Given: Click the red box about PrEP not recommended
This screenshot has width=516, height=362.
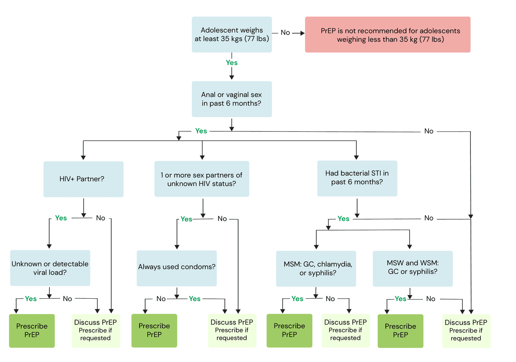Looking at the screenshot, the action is click(x=387, y=35).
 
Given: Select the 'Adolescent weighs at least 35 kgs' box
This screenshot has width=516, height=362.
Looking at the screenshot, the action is click(x=232, y=35).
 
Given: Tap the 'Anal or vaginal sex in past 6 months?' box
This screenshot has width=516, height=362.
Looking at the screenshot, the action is click(x=232, y=99).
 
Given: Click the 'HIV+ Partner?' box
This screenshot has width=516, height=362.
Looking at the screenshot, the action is click(x=83, y=179).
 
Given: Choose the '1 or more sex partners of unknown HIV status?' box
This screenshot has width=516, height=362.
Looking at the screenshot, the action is click(x=202, y=179).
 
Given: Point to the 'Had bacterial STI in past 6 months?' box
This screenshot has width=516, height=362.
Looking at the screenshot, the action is click(x=357, y=179).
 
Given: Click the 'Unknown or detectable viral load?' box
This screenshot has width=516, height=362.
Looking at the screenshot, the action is click(x=50, y=268).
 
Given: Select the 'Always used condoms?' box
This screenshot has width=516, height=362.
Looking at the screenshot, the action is click(x=177, y=268).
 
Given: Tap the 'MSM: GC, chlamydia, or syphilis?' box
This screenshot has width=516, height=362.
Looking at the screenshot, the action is click(x=316, y=268).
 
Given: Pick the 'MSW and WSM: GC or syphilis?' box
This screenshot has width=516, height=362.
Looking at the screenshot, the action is click(x=413, y=268).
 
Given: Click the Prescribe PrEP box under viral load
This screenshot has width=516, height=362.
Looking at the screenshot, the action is click(x=32, y=331).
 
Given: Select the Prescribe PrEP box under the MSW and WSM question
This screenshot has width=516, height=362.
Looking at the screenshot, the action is click(x=401, y=331).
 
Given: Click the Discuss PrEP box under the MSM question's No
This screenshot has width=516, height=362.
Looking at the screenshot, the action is click(x=346, y=331).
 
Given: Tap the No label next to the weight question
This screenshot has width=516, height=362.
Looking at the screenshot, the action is click(x=285, y=33).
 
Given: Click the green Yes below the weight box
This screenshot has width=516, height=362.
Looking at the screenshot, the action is click(x=232, y=62).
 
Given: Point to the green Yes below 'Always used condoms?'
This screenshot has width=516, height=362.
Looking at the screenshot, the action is click(x=195, y=299).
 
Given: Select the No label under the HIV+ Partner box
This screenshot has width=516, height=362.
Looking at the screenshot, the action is click(x=101, y=218).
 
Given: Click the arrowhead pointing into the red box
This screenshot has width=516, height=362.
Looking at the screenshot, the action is click(x=302, y=33).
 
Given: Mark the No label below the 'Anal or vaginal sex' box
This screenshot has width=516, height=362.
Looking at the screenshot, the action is click(x=429, y=131).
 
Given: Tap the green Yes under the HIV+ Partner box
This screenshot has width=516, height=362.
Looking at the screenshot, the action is click(x=61, y=218).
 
